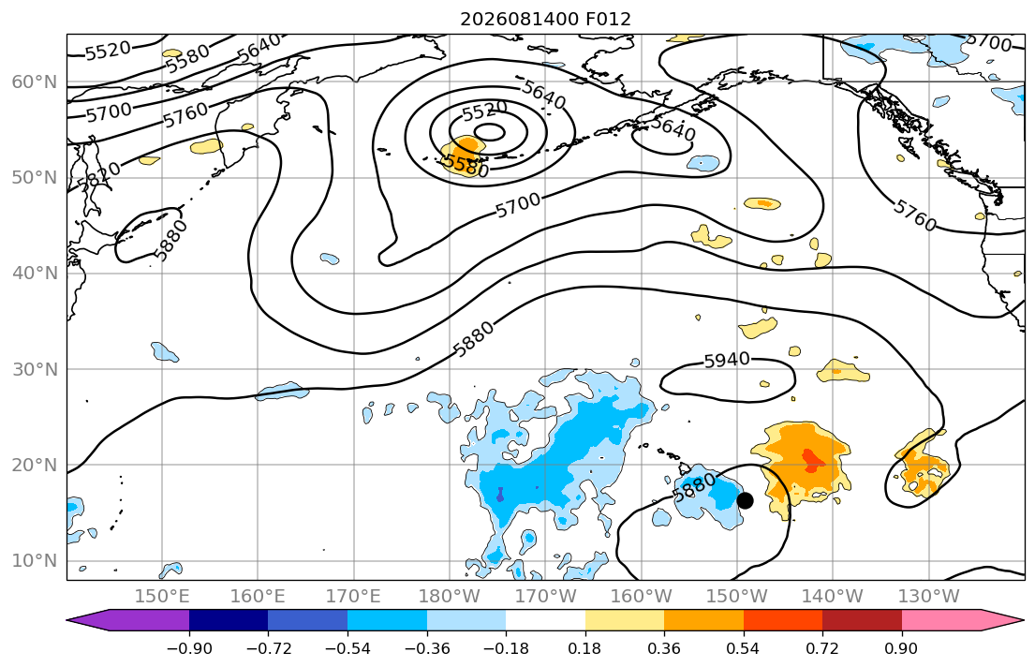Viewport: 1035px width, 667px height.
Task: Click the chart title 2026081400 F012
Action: tap(545, 19)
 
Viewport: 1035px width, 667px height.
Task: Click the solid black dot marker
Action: tap(745, 500)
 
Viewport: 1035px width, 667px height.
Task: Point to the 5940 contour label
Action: tap(727, 360)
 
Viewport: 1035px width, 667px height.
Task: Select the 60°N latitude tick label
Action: tap(35, 82)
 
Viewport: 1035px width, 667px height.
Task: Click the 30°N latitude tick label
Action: tap(35, 369)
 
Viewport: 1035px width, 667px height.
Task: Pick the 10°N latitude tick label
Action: tap(35, 561)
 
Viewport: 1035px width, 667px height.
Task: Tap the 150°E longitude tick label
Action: tap(162, 597)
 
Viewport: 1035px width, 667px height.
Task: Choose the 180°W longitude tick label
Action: tap(450, 597)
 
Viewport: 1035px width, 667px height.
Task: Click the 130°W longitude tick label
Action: tap(929, 597)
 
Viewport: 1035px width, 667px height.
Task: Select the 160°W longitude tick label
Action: tap(641, 597)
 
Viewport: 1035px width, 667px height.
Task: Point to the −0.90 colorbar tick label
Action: tap(189, 648)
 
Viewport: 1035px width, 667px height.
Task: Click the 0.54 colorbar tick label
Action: tap(744, 648)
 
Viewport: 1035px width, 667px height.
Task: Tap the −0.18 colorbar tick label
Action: tap(506, 648)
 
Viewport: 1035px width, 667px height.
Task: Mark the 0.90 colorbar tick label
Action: tap(902, 648)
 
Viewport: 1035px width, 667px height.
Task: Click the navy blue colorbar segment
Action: tap(229, 620)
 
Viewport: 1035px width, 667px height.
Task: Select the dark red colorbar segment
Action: tap(862, 620)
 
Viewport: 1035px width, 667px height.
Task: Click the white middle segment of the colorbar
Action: tap(545, 620)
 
